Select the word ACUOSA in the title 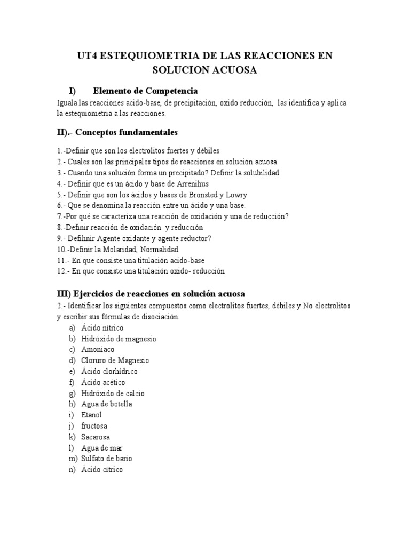(x=230, y=70)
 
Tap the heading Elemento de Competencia (x=145, y=91)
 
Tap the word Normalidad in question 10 (x=159, y=249)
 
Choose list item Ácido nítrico (x=102, y=328)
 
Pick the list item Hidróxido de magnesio (x=119, y=339)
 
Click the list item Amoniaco (x=98, y=350)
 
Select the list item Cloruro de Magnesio (x=115, y=360)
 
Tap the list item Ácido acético (x=104, y=382)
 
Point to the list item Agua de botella (x=107, y=404)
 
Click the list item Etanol (x=91, y=415)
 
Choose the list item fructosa (x=94, y=426)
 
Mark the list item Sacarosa (x=96, y=437)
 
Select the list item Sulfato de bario (x=107, y=459)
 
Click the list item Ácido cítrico (x=102, y=470)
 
